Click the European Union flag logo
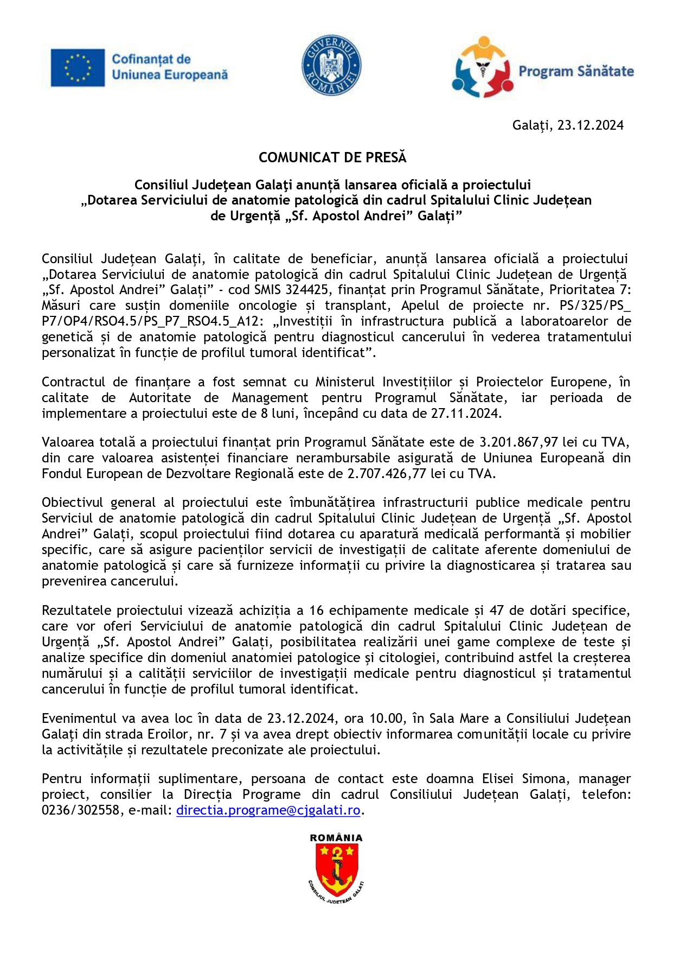tap(78, 67)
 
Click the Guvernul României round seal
tap(331, 66)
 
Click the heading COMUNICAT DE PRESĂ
tap(332, 157)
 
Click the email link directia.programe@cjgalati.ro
tap(268, 811)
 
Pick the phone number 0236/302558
tap(80, 811)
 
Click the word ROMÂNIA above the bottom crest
tap(336, 838)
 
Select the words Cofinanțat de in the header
tap(151, 59)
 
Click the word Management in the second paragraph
tap(270, 398)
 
